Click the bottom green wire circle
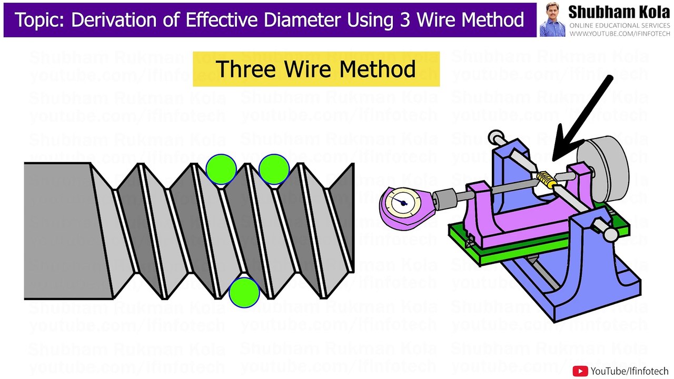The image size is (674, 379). pos(244,292)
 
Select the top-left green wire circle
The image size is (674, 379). pos(221,169)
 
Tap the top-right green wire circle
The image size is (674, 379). pos(274,169)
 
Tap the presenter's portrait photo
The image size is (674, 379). pos(552,20)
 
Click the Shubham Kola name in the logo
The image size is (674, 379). pos(619,12)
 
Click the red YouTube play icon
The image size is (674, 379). pos(580,371)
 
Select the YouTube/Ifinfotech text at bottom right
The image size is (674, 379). pos(629,371)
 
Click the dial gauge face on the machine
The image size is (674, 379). pos(403,203)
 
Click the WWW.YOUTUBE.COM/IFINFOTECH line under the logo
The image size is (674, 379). pos(619,34)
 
